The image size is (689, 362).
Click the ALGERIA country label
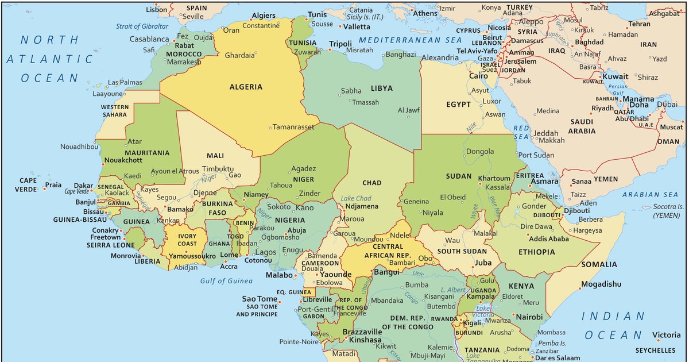pyautogui.click(x=246, y=87)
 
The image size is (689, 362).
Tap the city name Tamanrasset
pyautogui.click(x=293, y=127)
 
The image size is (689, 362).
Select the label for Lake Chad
pyautogui.click(x=356, y=198)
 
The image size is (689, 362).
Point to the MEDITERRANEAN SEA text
pyautogui.click(x=410, y=40)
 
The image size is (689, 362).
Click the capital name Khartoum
pyautogui.click(x=494, y=178)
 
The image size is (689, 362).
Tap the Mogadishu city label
pyautogui.click(x=601, y=284)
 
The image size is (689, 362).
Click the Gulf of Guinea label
pyautogui.click(x=226, y=281)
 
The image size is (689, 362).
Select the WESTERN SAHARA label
pyautogui.click(x=115, y=111)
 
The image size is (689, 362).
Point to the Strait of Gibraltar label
pyautogui.click(x=142, y=26)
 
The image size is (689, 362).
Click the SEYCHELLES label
pyautogui.click(x=655, y=350)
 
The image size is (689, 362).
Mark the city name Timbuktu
pyautogui.click(x=218, y=170)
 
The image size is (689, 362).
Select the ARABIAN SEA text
pyautogui.click(x=651, y=195)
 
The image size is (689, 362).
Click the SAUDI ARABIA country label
pyautogui.click(x=582, y=126)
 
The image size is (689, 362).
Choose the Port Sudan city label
pyautogui.click(x=536, y=155)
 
